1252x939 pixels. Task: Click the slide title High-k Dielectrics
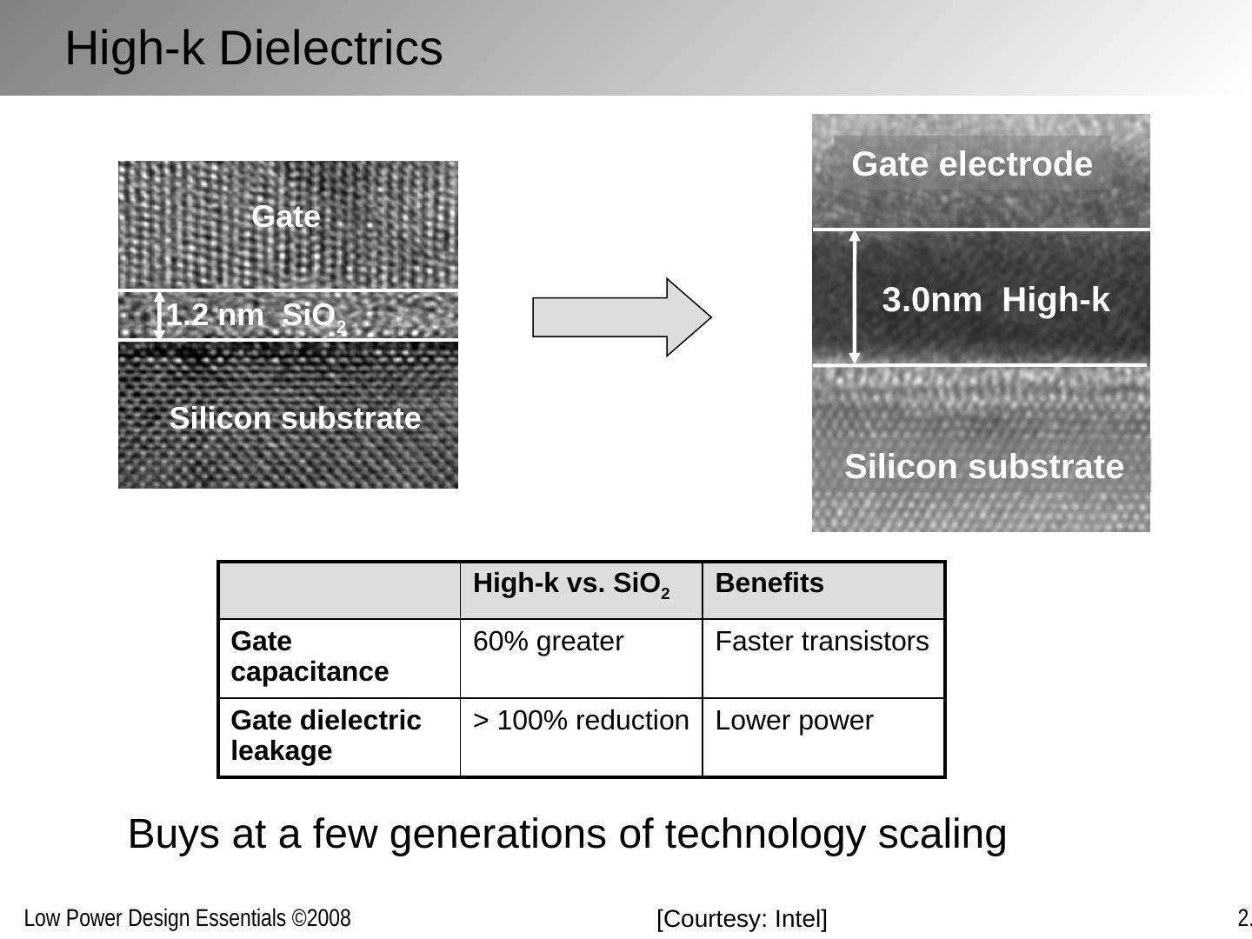[x=254, y=49]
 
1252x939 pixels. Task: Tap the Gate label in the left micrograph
[x=286, y=216]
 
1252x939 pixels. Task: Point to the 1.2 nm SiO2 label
[x=257, y=316]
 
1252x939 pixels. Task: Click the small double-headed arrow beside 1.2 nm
[x=159, y=315]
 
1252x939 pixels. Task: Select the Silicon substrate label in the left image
[x=295, y=418]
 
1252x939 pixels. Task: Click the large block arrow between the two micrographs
[x=621, y=317]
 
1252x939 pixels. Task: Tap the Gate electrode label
[x=972, y=164]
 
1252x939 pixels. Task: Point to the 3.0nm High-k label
[x=996, y=300]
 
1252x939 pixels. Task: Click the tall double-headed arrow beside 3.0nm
[x=855, y=297]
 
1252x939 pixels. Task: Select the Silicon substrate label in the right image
[x=983, y=467]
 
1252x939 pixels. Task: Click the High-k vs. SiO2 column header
[x=571, y=584]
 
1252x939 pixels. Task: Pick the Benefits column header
[x=769, y=583]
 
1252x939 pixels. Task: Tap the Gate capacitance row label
[x=310, y=656]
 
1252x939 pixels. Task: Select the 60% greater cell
[x=548, y=642]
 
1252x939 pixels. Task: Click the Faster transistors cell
[x=822, y=642]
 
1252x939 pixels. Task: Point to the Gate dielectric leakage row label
[x=326, y=736]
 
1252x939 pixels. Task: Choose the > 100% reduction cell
[x=581, y=721]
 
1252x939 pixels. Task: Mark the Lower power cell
[x=794, y=721]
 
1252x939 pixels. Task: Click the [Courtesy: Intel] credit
[x=742, y=919]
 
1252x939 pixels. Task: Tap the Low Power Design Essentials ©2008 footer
[x=187, y=919]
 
